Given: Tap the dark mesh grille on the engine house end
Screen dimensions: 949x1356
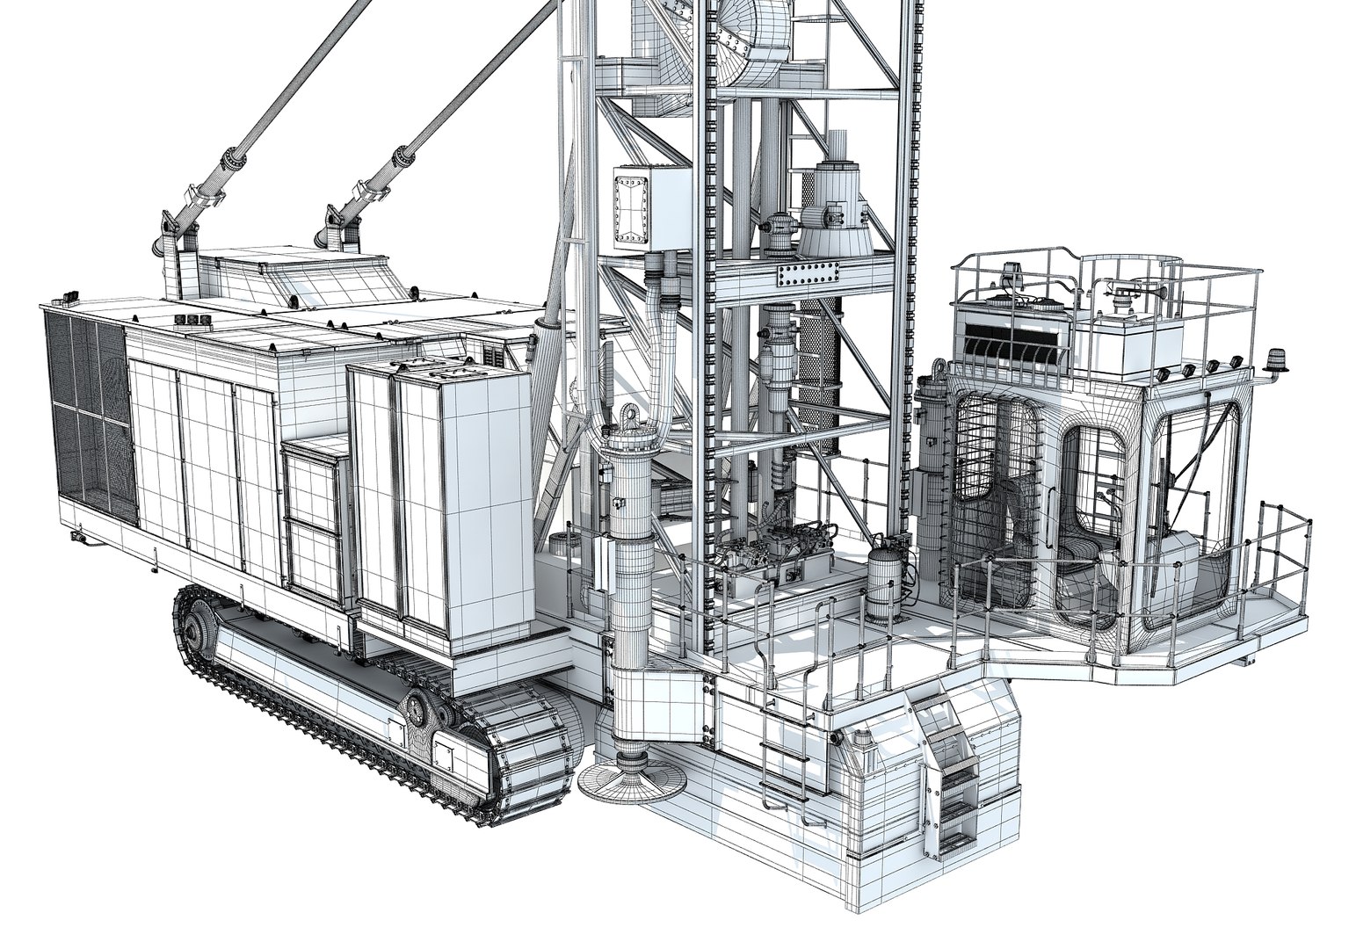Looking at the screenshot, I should pos(86,404).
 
